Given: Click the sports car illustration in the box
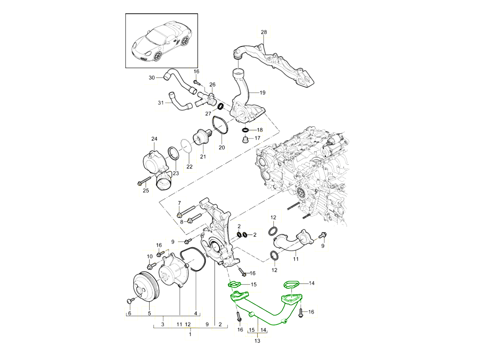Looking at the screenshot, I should coord(162,44).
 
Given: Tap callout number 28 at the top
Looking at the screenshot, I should coord(264,32).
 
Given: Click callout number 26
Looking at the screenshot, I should coord(212,84).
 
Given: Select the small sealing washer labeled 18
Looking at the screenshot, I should coord(246,130).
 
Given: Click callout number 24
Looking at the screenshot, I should coord(154,139).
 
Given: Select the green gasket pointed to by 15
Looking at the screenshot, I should coord(233,285).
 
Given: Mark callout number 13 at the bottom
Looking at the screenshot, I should coord(257,341).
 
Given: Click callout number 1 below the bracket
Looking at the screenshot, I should coord(190,334).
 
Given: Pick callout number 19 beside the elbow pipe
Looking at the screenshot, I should coord(262,92).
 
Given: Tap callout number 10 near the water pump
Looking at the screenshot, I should coord(150,256).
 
